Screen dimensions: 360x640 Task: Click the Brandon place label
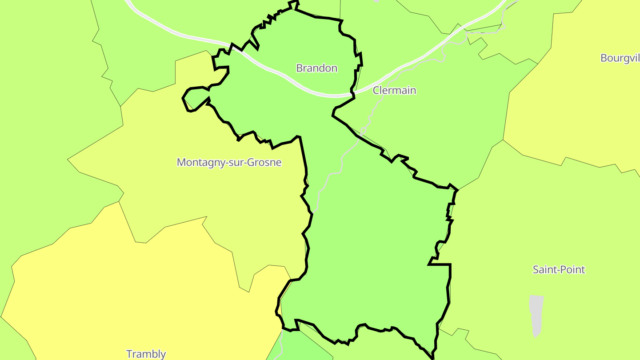316,68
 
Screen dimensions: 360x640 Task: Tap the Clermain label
394,90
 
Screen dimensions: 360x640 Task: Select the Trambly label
146,354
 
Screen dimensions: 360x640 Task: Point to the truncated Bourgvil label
620,58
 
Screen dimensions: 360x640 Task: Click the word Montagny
198,162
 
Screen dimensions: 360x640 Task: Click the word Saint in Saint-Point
544,269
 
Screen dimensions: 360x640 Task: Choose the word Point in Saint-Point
573,269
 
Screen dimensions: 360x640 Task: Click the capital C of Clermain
376,90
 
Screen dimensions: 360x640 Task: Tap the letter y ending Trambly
163,355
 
